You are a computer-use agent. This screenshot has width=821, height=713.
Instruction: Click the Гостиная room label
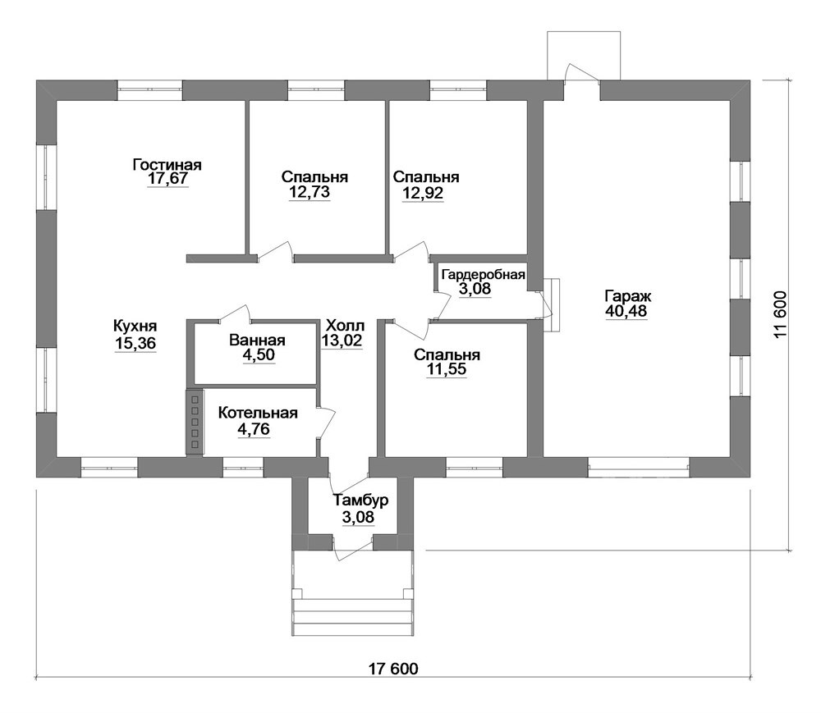click(167, 165)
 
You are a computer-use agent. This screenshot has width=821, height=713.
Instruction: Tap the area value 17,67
click(167, 179)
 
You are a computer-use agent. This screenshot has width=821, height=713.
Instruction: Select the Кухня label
click(135, 326)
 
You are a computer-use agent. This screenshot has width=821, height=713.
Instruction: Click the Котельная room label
click(258, 413)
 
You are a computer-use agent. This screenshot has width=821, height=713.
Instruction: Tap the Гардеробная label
click(484, 275)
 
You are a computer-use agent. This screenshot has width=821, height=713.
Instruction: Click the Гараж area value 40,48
click(626, 311)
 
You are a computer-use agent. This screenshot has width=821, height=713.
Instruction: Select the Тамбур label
click(361, 500)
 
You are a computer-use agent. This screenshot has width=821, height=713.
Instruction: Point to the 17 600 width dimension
click(393, 669)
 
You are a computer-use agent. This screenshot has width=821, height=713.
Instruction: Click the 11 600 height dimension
click(780, 314)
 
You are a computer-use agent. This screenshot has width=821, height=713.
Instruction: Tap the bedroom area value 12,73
click(310, 192)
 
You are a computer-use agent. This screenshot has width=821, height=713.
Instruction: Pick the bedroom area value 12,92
click(423, 193)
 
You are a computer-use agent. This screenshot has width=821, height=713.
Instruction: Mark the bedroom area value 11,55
click(447, 369)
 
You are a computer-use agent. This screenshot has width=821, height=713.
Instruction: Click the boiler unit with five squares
click(195, 422)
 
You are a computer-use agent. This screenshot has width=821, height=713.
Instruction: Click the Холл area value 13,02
click(342, 341)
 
